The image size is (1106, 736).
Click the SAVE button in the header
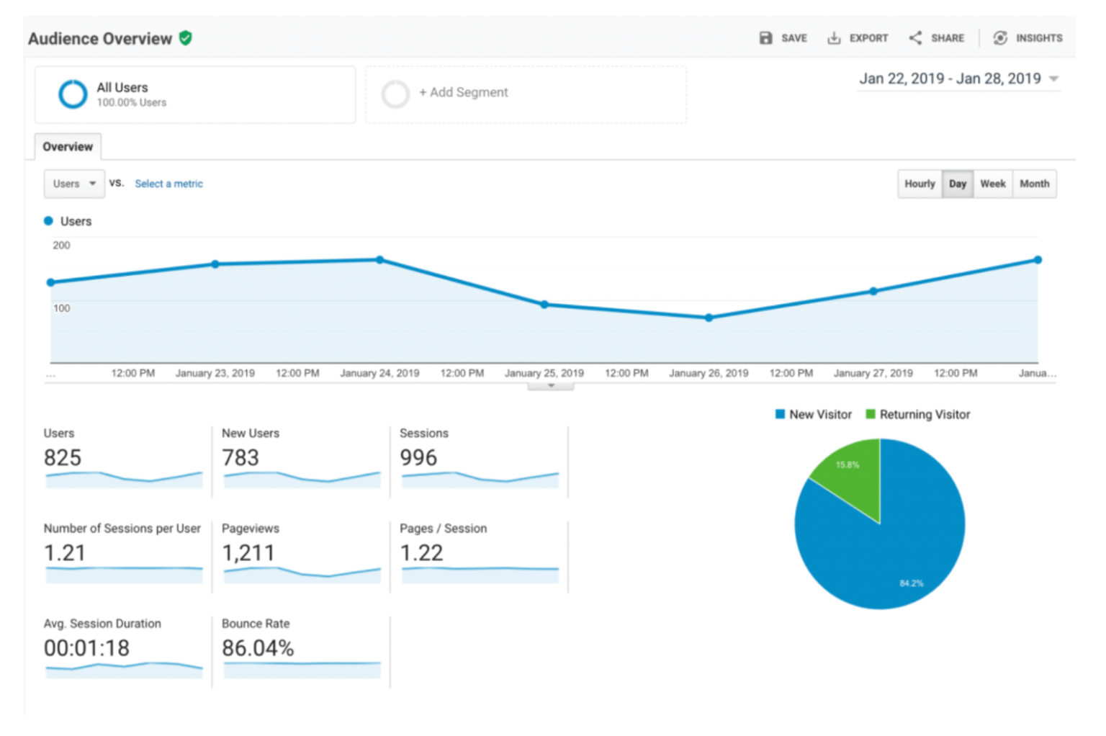pos(783,38)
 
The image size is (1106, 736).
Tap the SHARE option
pos(937,38)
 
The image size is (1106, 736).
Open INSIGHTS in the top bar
pos(1028,38)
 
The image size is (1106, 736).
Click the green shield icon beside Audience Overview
pos(186,38)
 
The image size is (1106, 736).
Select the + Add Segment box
pos(526,94)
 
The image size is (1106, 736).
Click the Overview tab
pos(68,147)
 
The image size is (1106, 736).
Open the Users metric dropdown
pos(74,184)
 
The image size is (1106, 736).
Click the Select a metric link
pos(168,184)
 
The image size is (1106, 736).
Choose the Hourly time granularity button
pos(920,184)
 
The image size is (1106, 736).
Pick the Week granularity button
pos(992,184)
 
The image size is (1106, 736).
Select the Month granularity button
pos(1034,184)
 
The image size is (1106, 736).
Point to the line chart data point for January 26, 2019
pos(709,318)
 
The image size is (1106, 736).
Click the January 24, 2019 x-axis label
pos(379,373)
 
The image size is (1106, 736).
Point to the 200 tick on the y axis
pos(61,246)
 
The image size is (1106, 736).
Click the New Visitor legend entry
pos(814,415)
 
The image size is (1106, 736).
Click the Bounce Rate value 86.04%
pos(258,648)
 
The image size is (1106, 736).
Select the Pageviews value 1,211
pos(248,553)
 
